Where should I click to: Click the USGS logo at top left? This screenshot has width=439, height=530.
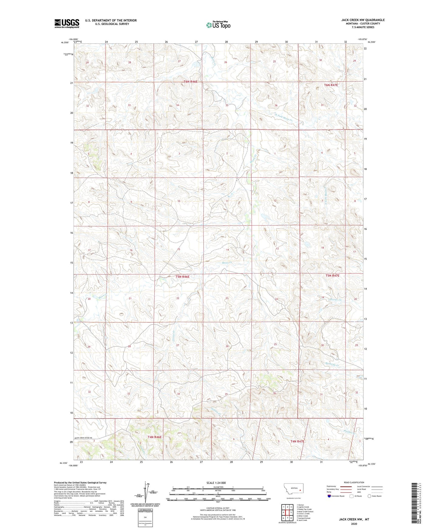pyautogui.click(x=67, y=23)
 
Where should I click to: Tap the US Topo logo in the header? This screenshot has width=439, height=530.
pyautogui.click(x=218, y=25)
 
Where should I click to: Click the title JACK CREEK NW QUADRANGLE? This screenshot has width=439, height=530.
pyautogui.click(x=363, y=20)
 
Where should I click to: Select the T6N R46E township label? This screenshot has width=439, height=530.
pyautogui.click(x=190, y=82)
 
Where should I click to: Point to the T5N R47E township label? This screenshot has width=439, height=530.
pyautogui.click(x=332, y=276)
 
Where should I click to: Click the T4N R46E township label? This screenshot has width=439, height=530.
pyautogui.click(x=155, y=437)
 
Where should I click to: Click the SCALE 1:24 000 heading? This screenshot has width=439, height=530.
pyautogui.click(x=216, y=483)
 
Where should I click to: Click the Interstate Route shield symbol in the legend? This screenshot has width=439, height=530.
pyautogui.click(x=329, y=496)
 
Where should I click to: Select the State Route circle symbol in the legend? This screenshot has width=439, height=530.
pyautogui.click(x=369, y=496)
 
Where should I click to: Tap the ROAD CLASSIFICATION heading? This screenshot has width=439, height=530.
pyautogui.click(x=354, y=482)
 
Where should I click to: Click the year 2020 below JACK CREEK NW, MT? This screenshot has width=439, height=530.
pyautogui.click(x=354, y=524)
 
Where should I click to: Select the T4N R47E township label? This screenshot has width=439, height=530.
pyautogui.click(x=297, y=441)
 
